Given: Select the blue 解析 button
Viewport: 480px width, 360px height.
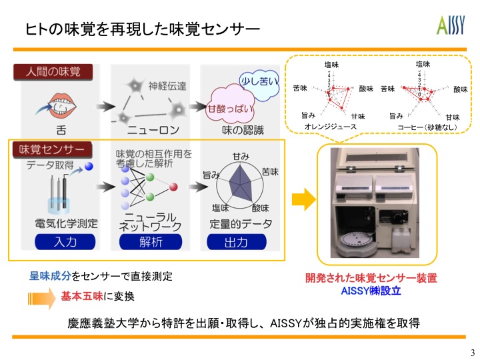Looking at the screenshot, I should (151, 241).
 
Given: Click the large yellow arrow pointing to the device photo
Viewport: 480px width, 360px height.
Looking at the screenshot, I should (303, 198).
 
